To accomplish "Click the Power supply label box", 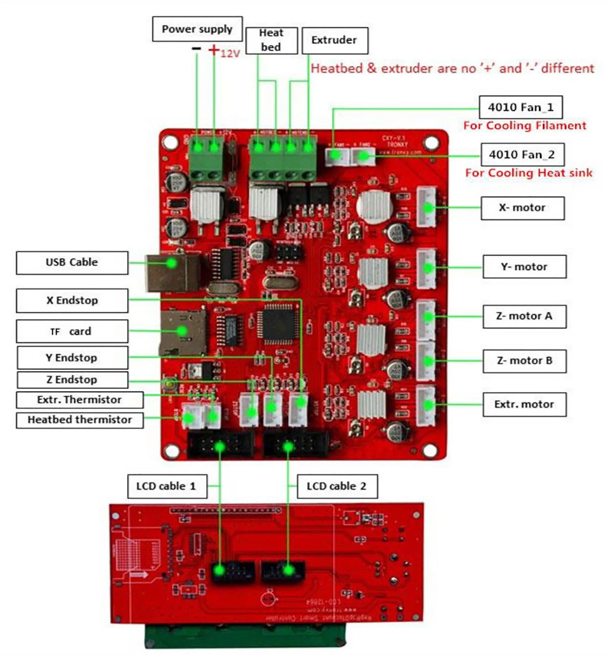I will pyautogui.click(x=197, y=29).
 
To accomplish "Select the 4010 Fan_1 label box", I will pyautogui.click(x=520, y=107).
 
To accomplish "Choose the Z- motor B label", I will pyautogui.click(x=524, y=361).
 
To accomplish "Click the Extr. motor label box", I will pyautogui.click(x=524, y=404).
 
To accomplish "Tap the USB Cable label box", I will pyautogui.click(x=72, y=263).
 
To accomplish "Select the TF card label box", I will pyautogui.click(x=72, y=331).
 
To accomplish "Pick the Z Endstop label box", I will pyautogui.click(x=72, y=380).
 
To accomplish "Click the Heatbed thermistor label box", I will pyautogui.click(x=80, y=420).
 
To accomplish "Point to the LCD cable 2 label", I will pyautogui.click(x=337, y=486).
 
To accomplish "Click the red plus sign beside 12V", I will pyautogui.click(x=214, y=50).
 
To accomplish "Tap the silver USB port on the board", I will pyautogui.click(x=173, y=273).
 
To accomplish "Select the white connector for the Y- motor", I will pyautogui.click(x=427, y=269).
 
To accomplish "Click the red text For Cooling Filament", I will pyautogui.click(x=525, y=126).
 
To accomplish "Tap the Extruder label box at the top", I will pyautogui.click(x=334, y=40).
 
